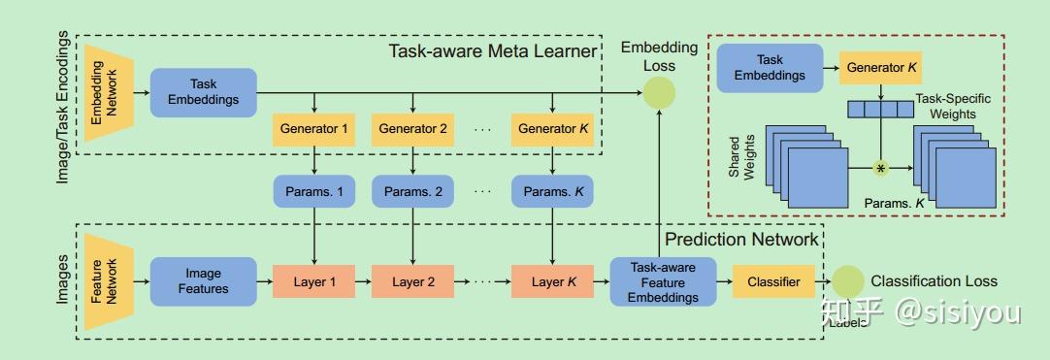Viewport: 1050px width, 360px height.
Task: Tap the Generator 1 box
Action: [x=314, y=128]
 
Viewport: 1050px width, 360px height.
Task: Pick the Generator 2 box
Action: [x=413, y=128]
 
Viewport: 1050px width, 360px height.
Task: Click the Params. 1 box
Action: [x=314, y=192]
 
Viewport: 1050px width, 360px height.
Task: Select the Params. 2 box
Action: [x=413, y=192]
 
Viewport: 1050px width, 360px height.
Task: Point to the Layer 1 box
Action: [x=314, y=282]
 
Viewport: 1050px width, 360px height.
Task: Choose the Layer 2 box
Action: [x=413, y=282]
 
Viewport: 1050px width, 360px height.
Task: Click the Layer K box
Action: [x=552, y=282]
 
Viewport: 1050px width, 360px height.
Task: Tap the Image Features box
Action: [x=204, y=281]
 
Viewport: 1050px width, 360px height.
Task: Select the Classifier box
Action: [x=773, y=282]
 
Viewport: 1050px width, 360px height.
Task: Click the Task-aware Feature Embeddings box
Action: [x=663, y=282]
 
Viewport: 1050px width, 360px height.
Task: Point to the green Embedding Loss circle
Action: [x=660, y=92]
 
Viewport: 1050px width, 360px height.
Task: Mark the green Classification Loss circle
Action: [x=847, y=282]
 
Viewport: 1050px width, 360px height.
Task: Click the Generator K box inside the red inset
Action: [x=881, y=69]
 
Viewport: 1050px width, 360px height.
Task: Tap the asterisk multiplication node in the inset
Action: [x=881, y=168]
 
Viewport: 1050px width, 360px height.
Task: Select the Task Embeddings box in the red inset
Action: [x=762, y=68]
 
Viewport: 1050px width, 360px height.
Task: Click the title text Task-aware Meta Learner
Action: [x=492, y=51]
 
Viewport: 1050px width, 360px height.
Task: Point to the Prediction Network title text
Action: [x=741, y=239]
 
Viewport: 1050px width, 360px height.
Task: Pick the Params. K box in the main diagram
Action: [x=552, y=192]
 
